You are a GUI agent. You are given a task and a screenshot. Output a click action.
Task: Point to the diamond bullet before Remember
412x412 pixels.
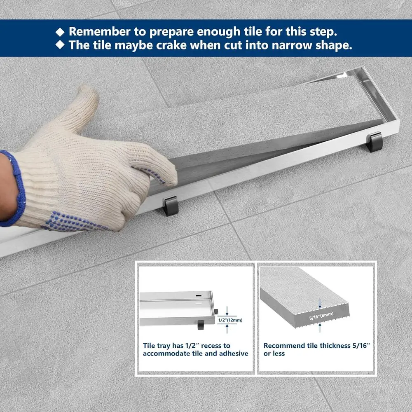[61, 32]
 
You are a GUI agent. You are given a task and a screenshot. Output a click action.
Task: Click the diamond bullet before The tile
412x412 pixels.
[61, 45]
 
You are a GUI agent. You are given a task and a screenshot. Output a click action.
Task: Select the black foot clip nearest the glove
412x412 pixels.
[170, 205]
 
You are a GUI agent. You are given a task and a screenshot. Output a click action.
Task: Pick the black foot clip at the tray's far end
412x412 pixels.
[375, 141]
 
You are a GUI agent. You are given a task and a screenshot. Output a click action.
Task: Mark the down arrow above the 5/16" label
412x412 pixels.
[320, 305]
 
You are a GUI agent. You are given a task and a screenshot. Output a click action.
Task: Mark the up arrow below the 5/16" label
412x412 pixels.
[320, 328]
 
